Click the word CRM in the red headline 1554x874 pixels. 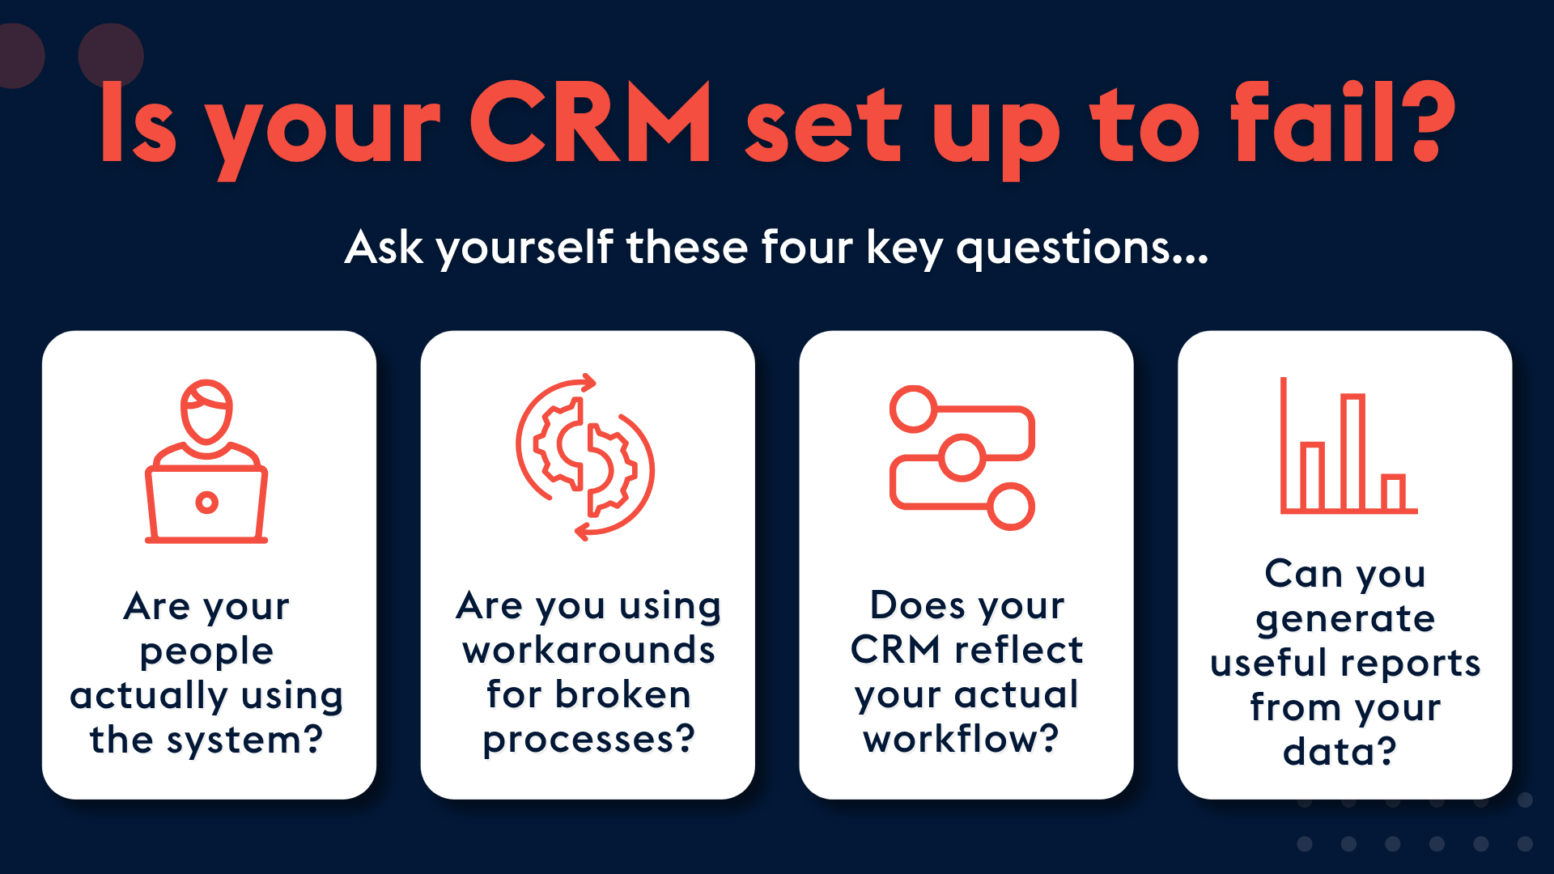point(590,122)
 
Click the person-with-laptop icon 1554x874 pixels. point(206,460)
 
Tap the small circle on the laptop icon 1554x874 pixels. point(207,503)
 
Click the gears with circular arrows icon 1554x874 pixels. point(585,457)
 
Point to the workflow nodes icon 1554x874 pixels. point(962,458)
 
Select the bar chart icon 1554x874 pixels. point(1348,445)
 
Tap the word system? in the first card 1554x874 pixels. point(244,740)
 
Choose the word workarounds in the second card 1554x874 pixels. point(588,650)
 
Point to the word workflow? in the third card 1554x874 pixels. point(962,739)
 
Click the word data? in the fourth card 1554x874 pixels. point(1340,752)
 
